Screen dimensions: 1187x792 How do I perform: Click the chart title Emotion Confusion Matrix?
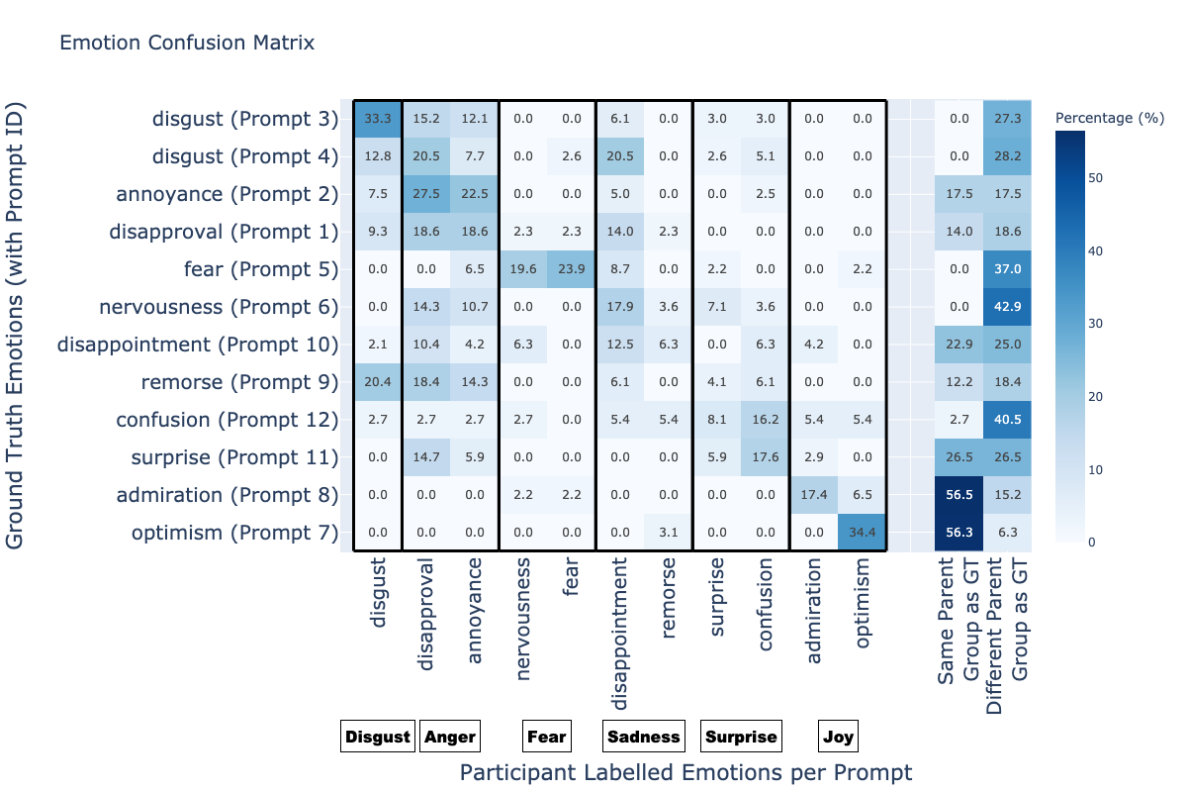187,43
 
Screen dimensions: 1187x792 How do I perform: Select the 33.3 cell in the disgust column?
378,119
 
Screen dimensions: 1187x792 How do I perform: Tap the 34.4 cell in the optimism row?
863,532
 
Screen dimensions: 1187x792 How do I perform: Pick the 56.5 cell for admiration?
959,494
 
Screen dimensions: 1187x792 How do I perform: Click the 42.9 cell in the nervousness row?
1007,307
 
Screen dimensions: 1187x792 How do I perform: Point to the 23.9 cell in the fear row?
572,269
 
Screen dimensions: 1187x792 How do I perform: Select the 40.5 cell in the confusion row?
1007,419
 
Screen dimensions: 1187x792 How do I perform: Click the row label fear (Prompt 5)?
261,269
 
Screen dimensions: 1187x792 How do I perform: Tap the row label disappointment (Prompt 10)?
198,345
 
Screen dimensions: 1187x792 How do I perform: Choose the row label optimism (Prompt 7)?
234,533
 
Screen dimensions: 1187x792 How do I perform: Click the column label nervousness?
523,619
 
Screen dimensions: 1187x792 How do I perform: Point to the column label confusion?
766,604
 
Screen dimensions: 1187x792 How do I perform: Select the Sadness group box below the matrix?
644,737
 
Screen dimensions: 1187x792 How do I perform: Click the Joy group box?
839,737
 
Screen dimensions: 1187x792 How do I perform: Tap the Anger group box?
450,737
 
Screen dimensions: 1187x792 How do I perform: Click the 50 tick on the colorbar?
1095,178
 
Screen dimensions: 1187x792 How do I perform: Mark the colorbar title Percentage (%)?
1110,118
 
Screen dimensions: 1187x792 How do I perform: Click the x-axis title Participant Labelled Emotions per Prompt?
685,772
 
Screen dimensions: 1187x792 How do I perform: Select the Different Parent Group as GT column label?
1007,636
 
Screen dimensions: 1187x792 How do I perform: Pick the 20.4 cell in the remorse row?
378,382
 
